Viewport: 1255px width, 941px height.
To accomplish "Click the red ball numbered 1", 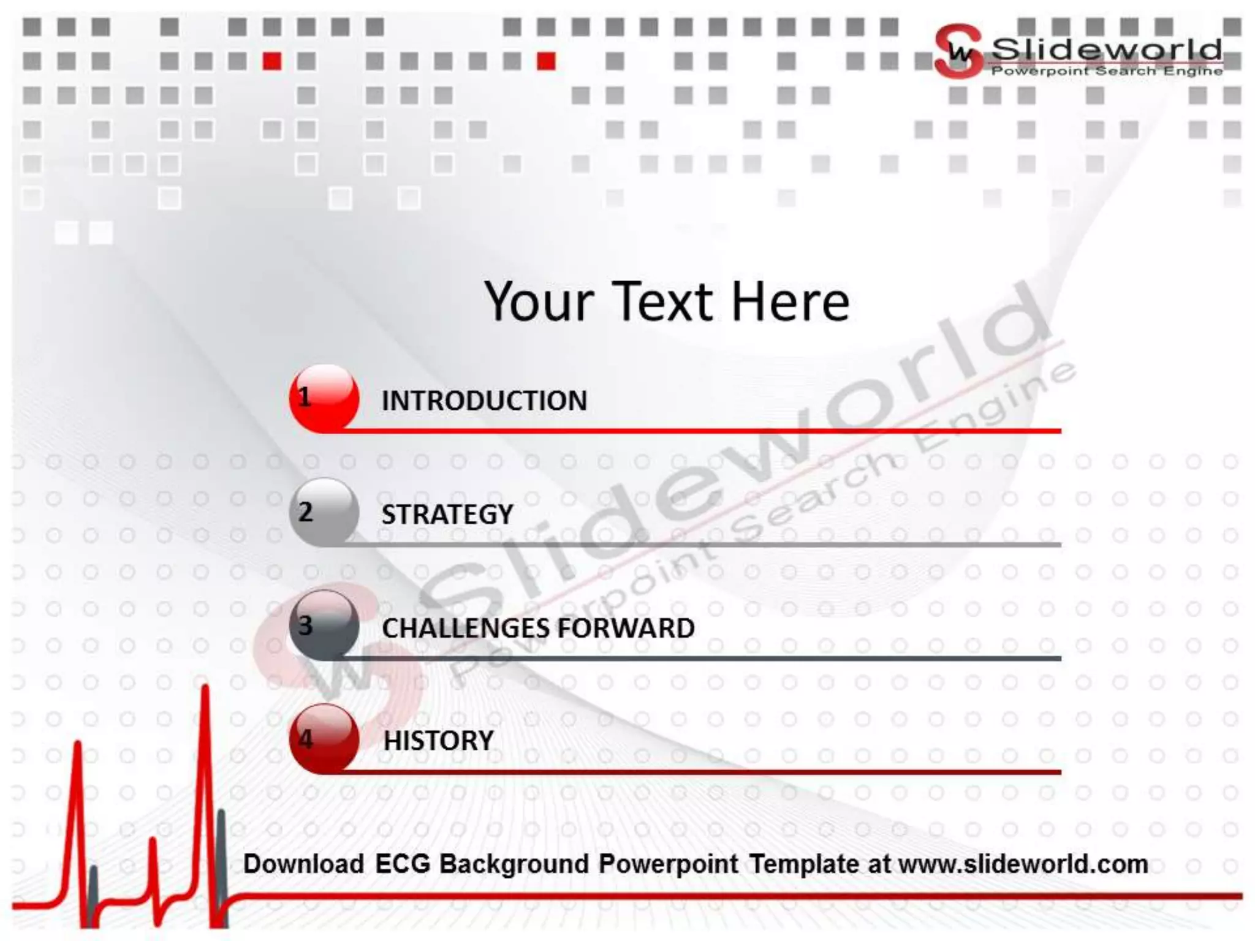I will [324, 398].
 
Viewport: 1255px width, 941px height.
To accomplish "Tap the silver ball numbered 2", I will [324, 512].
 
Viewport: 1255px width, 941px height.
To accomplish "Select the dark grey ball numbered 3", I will [324, 625].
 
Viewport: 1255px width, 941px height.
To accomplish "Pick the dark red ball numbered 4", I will [324, 738].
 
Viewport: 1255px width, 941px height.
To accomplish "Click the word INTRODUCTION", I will [484, 401].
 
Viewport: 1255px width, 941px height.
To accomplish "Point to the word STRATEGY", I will [447, 515].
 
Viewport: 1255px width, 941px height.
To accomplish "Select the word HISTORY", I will [438, 741].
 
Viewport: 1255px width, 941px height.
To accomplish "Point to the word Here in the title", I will [791, 301].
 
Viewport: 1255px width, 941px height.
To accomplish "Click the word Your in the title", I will [539, 301].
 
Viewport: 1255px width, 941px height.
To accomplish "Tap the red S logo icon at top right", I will [958, 51].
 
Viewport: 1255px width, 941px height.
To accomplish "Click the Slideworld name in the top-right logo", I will [1107, 49].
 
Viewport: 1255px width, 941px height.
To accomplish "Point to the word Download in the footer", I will [304, 864].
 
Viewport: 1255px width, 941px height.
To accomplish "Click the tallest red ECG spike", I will [205, 735].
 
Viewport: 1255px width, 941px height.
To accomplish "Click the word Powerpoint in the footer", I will [668, 864].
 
